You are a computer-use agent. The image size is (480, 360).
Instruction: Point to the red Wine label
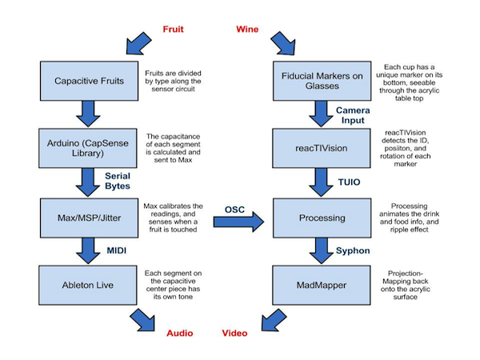click(x=247, y=30)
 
